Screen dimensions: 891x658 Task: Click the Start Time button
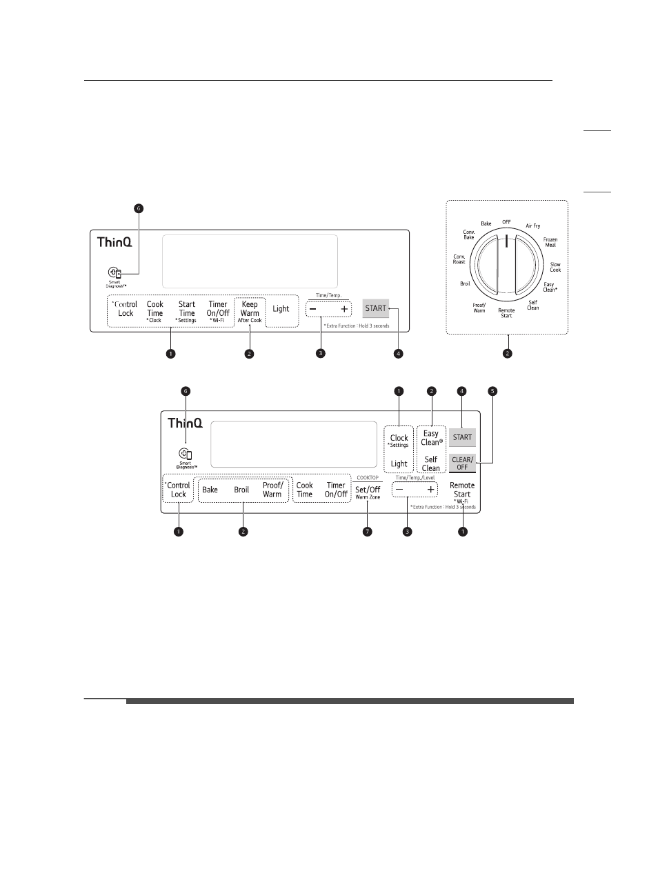187,309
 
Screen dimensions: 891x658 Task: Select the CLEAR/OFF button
462,463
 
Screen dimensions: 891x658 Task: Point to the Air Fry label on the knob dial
533,226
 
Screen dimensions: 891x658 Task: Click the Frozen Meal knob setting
550,242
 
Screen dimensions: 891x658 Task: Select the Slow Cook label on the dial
555,267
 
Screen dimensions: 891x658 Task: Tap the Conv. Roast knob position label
459,259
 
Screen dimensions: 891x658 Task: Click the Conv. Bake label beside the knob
469,234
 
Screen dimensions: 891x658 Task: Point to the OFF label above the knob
506,222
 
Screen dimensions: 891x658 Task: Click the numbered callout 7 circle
368,532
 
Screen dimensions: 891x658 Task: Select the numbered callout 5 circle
492,391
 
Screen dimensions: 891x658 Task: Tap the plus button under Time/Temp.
344,309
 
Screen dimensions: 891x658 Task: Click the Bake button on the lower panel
210,490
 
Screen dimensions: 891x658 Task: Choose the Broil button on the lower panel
241,490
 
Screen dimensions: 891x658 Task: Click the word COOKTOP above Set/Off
368,478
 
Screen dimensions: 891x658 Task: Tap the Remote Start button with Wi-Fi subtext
462,490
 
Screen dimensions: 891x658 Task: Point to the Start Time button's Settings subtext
187,321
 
